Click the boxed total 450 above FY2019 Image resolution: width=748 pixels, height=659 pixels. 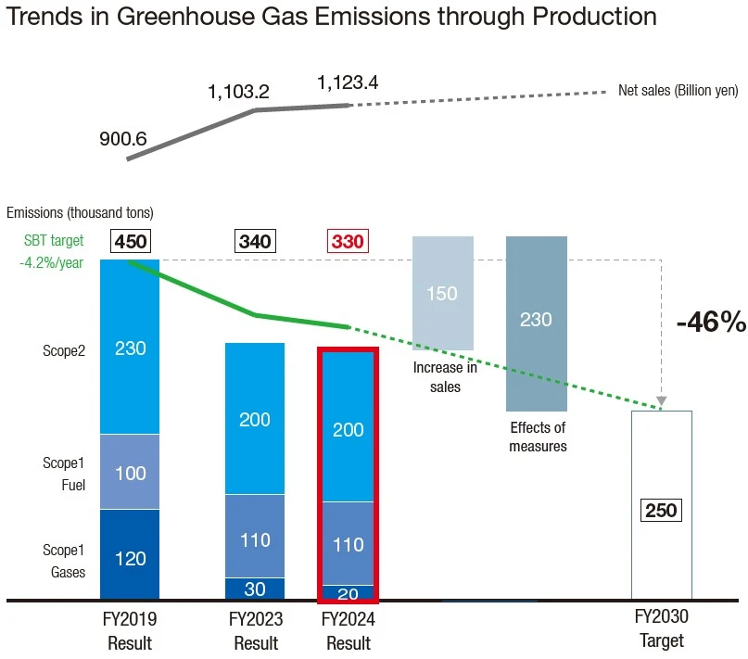coord(131,242)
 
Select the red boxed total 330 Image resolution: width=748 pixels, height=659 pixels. coord(348,242)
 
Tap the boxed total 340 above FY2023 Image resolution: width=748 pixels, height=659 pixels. coord(255,242)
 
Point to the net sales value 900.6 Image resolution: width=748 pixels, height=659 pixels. coord(122,139)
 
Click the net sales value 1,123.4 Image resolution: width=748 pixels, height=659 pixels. coord(348,83)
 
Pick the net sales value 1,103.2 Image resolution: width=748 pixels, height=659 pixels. coord(238,92)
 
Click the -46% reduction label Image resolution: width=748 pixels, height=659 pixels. coord(711,322)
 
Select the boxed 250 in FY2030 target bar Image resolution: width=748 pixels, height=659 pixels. coord(662,510)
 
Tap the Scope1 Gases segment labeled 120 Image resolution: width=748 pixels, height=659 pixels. coord(131,558)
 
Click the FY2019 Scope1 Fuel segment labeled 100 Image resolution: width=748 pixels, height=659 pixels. coord(131,474)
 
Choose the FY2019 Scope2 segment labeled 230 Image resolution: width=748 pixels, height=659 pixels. coord(131,349)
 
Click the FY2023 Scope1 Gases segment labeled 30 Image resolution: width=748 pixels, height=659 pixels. coord(255,589)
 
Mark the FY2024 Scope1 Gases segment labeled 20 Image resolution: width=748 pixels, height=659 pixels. coord(348,593)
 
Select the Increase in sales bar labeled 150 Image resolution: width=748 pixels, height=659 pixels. coord(442,293)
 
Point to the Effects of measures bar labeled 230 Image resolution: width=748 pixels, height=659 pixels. coord(536,320)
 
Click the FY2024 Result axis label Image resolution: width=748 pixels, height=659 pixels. coord(348,630)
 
